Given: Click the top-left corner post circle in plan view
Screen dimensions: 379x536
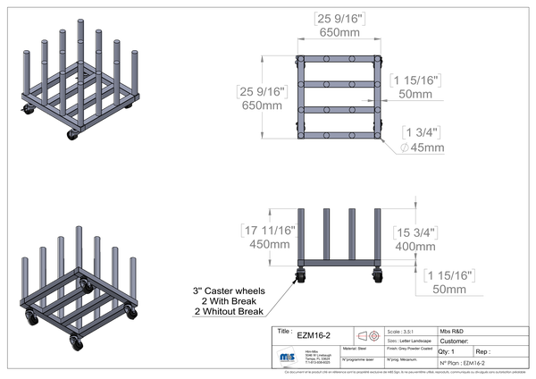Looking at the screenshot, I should point(300,58).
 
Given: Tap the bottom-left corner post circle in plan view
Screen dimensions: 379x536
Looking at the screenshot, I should point(300,135).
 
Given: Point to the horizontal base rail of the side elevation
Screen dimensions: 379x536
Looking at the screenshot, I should point(340,262).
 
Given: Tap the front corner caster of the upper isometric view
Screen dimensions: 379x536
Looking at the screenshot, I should point(72,134).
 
